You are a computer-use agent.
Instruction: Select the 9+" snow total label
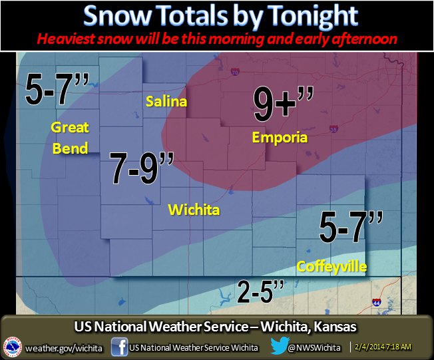pos(283,104)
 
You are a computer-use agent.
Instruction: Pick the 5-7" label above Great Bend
pos(49,90)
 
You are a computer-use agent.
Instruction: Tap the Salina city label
pos(166,102)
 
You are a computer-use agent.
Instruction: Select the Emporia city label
pos(280,138)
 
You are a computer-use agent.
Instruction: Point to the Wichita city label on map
pos(194,210)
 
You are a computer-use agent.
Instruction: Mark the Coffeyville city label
pos(331,266)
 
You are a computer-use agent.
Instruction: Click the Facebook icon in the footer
pos(120,347)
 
